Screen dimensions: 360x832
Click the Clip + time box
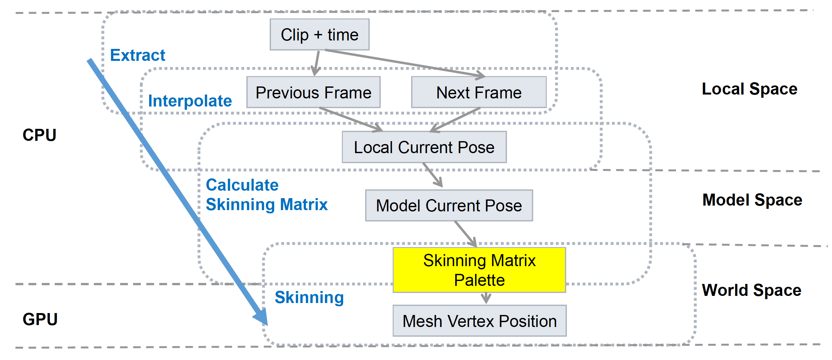click(x=320, y=35)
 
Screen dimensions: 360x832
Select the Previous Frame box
click(x=313, y=93)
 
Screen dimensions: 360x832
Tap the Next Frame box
click(x=479, y=93)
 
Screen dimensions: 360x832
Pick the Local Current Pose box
click(x=424, y=147)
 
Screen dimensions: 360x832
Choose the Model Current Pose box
click(x=449, y=206)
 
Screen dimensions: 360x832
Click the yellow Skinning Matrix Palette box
click(x=479, y=270)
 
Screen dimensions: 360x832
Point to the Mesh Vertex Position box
click(x=479, y=321)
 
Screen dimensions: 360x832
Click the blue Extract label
click(x=138, y=55)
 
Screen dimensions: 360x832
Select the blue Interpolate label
click(x=190, y=101)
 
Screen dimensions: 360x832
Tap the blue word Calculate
click(x=242, y=185)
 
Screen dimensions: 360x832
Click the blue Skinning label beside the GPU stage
click(x=309, y=297)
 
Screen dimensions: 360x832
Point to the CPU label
click(x=39, y=135)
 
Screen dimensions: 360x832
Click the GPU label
click(x=40, y=319)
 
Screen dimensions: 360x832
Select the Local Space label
click(x=749, y=89)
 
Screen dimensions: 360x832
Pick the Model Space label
click(x=752, y=200)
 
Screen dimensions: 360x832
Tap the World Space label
click(x=751, y=290)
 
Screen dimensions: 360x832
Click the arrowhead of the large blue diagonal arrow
click(x=262, y=318)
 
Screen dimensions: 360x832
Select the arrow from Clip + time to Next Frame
click(x=405, y=63)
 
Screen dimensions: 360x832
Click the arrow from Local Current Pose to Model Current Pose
click(x=433, y=175)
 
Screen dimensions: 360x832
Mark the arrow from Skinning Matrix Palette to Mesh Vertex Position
click(x=486, y=298)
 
